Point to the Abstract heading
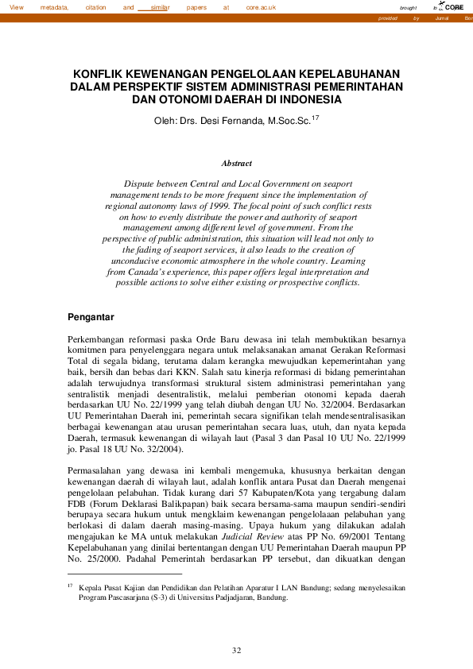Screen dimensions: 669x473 pos(236,163)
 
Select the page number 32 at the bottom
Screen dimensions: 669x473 pos(236,651)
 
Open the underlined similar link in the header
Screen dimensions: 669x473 pos(160,6)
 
